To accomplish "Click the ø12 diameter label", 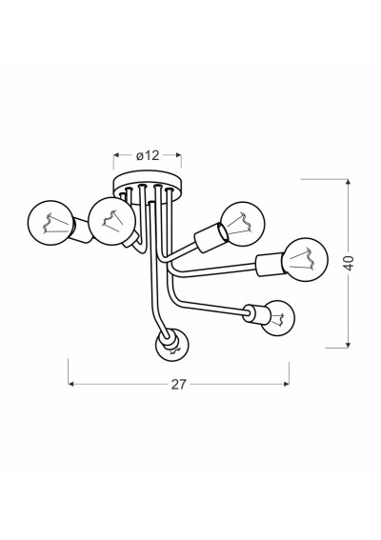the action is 148,155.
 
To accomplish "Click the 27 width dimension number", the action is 179,385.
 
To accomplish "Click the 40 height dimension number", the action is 349,264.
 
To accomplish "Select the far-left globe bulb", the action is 50,223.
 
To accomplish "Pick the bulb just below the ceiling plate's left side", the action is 111,221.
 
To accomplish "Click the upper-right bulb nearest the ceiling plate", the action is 243,224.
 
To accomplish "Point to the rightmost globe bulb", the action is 305,259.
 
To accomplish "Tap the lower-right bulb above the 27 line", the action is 278,318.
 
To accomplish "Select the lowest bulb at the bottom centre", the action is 173,346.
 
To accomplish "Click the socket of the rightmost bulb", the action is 270,265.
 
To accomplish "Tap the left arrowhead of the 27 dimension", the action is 71,384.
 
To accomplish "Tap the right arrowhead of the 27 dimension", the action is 287,384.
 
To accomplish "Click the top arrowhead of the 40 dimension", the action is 349,182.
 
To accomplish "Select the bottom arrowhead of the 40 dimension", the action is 349,345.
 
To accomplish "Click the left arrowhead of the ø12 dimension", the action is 116,155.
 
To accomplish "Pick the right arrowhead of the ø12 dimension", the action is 178,155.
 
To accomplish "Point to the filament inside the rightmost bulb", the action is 303,259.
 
